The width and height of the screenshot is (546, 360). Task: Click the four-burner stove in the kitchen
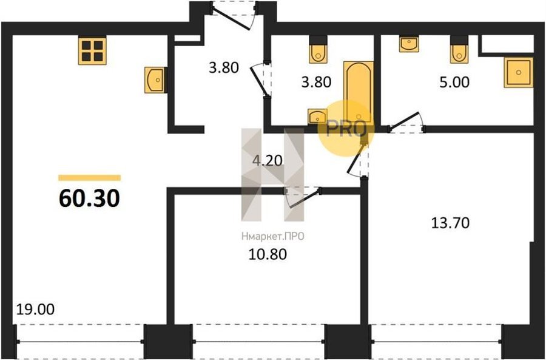(92, 51)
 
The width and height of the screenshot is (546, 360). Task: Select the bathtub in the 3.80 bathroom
(359, 92)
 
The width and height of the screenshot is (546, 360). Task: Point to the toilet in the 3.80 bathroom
(318, 49)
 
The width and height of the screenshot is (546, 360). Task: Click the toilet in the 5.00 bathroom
(459, 49)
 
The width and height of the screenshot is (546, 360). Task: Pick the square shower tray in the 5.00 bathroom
(519, 72)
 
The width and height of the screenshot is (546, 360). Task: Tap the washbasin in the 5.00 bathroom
(409, 44)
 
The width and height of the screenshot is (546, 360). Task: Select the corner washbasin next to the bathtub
(317, 117)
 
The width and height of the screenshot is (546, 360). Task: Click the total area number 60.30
(90, 199)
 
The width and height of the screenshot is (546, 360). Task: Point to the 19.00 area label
(36, 309)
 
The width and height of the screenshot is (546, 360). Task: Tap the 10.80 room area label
(268, 254)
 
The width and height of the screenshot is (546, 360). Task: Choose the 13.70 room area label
(450, 223)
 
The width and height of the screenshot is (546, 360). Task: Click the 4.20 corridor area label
(268, 161)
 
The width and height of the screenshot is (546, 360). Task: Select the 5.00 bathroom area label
(454, 82)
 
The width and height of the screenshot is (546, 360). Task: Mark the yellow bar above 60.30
(90, 178)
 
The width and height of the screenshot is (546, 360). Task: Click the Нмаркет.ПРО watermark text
(272, 237)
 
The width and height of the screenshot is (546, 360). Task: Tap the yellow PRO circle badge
(346, 128)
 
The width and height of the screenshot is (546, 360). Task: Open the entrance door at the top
(234, 16)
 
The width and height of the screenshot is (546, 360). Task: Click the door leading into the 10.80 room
(302, 197)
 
